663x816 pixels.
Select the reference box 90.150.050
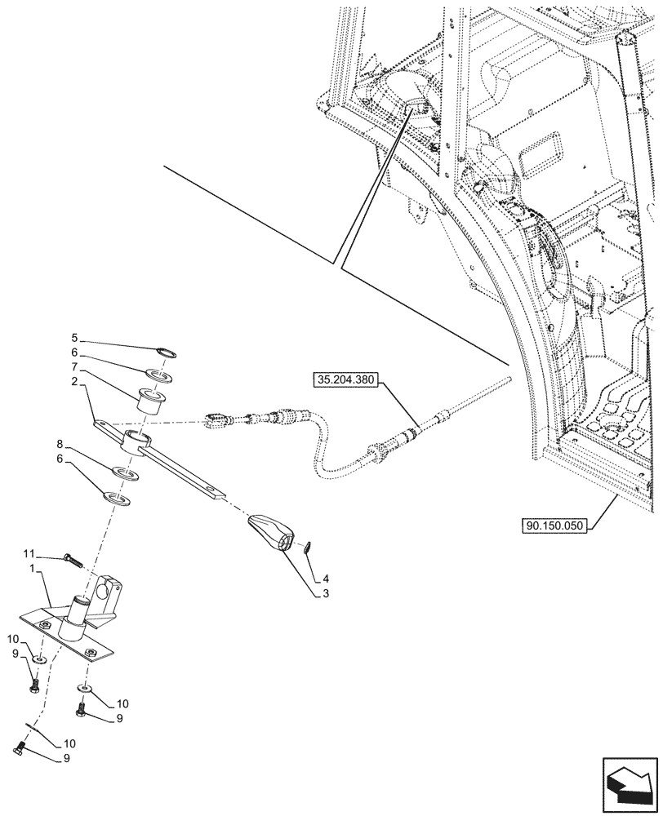pos(552,526)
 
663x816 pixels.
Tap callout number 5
pos(74,338)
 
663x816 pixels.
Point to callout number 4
pos(326,578)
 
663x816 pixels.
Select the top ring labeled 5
pos(167,352)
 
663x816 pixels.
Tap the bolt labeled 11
pos(72,561)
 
